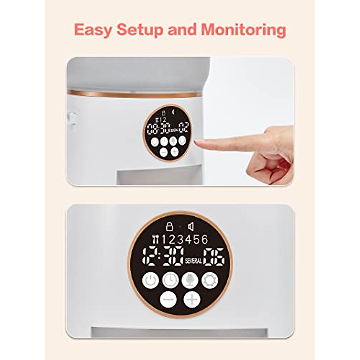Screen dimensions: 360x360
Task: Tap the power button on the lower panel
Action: pos(151,280)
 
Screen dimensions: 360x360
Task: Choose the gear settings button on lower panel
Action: pos(210,280)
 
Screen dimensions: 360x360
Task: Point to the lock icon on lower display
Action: pos(169,226)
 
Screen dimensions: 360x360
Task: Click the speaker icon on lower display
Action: pos(190,226)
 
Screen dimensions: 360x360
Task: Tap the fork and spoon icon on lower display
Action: pos(155,239)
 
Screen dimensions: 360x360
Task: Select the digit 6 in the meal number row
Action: pos(205,239)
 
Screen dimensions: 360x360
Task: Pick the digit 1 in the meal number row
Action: pos(164,239)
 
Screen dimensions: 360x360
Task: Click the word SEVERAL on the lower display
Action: pos(193,261)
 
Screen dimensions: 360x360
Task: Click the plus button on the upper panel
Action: pos(174,152)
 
